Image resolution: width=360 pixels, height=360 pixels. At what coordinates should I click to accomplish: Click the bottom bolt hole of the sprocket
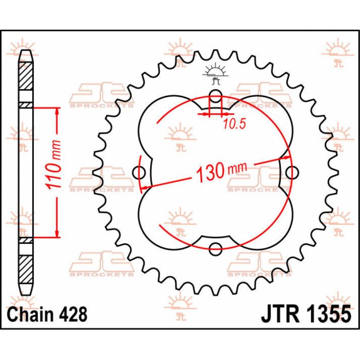click(216, 250)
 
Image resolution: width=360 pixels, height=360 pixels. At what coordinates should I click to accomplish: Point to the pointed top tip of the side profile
click(25, 52)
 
